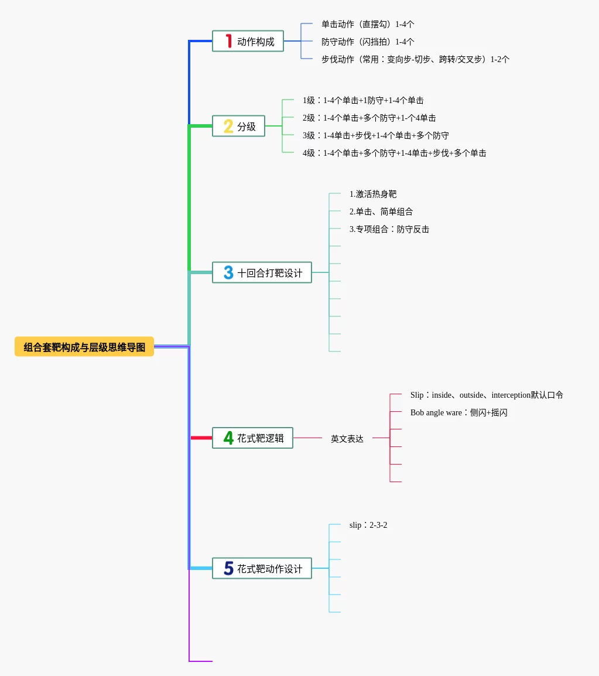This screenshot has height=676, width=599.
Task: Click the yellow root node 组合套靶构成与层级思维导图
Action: coord(84,347)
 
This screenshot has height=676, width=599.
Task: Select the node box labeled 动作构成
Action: coord(248,42)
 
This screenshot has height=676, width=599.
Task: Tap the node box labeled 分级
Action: coord(239,126)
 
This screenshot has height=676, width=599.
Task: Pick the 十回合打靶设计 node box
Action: coord(262,272)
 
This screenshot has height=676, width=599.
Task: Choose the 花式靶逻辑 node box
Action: coord(252,438)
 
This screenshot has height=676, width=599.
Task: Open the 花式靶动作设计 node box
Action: coord(262,568)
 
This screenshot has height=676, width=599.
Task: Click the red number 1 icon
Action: coord(228,41)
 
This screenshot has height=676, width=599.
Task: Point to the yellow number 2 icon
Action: coord(228,126)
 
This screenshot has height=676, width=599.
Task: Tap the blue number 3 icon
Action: coord(228,272)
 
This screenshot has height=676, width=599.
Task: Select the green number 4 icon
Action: coord(228,438)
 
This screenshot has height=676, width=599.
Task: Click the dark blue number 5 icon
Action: coord(228,568)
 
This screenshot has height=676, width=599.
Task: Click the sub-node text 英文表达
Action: coord(347,438)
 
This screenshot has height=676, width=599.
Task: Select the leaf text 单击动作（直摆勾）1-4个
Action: coord(368,24)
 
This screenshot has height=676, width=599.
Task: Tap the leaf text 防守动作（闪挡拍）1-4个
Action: coord(368,42)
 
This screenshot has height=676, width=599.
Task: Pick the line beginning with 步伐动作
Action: coord(415,59)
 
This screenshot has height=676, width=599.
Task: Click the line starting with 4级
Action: coord(394,153)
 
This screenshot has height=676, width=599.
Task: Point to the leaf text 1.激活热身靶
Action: coord(373,194)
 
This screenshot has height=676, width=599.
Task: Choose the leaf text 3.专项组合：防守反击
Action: coord(389,229)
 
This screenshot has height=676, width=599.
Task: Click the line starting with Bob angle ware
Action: coord(458,412)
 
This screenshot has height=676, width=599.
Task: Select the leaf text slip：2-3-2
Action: coord(368,525)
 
